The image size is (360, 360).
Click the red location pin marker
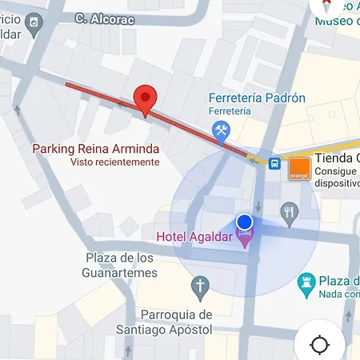pyautogui.click(x=145, y=100)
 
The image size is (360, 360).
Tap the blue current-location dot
pyautogui.click(x=245, y=222)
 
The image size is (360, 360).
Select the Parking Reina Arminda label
pyautogui.click(x=95, y=149)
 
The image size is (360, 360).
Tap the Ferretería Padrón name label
pyautogui.click(x=256, y=98)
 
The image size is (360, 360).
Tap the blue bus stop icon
pyautogui.click(x=274, y=163)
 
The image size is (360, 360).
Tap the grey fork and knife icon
pyautogui.click(x=289, y=211)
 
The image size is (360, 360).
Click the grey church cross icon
pyautogui.click(x=201, y=286)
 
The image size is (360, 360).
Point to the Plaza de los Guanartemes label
pyautogui.click(x=120, y=265)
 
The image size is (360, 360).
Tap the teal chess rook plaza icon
pyautogui.click(x=304, y=282)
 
